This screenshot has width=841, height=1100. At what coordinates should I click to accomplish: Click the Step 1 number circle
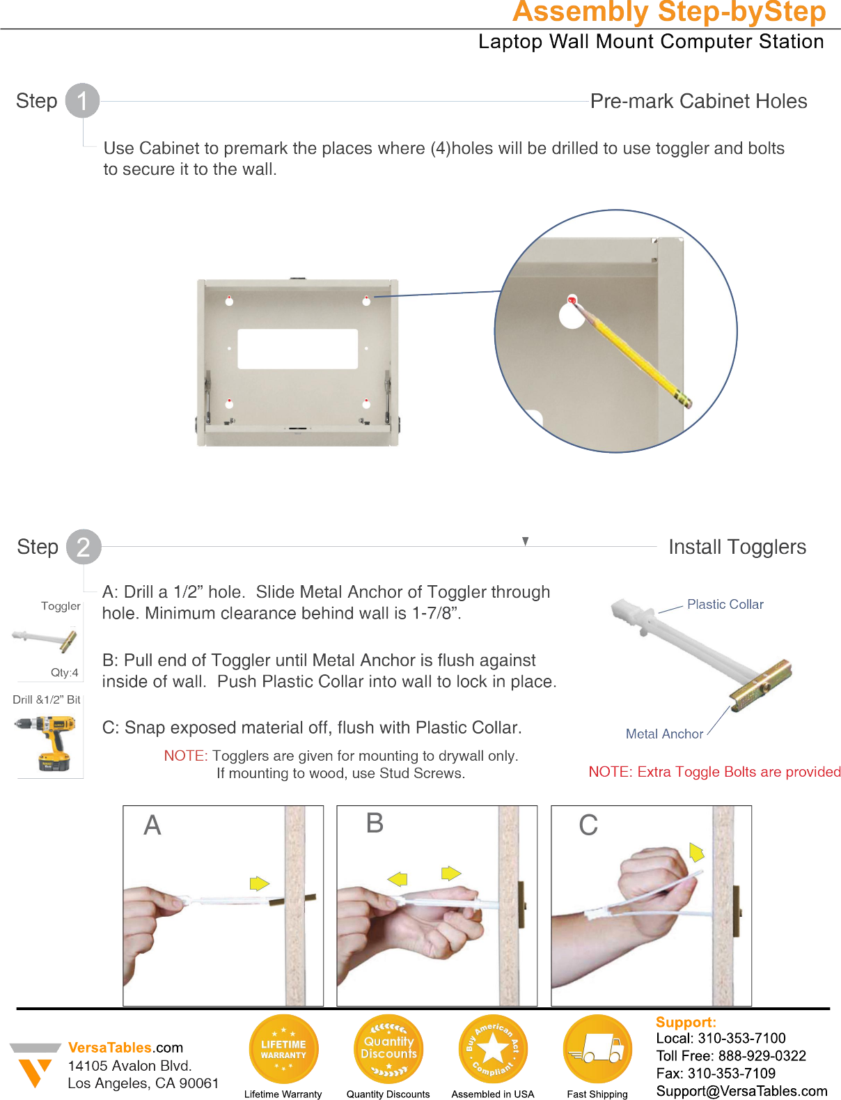pyautogui.click(x=82, y=101)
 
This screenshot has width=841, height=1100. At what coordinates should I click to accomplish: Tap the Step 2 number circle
pyautogui.click(x=84, y=547)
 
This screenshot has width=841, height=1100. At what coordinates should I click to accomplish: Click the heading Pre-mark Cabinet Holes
pyautogui.click(x=698, y=102)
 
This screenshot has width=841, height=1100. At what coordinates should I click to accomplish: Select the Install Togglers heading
pyautogui.click(x=737, y=548)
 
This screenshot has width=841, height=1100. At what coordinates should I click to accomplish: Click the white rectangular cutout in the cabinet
pyautogui.click(x=297, y=349)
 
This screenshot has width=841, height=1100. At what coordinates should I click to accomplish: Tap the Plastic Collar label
pyautogui.click(x=725, y=605)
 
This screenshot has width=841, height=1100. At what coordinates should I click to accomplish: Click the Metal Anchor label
pyautogui.click(x=664, y=734)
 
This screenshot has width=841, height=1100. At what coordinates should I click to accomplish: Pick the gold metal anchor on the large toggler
pyautogui.click(x=762, y=685)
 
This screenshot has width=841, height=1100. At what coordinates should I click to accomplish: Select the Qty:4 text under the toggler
pyautogui.click(x=64, y=672)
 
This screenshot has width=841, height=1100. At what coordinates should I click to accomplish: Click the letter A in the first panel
pyautogui.click(x=152, y=826)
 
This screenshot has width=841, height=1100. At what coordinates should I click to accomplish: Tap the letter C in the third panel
pyautogui.click(x=588, y=826)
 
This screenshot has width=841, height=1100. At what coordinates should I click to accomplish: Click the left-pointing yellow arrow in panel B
pyautogui.click(x=398, y=879)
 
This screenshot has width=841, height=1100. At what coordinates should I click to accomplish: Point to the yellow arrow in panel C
pyautogui.click(x=696, y=852)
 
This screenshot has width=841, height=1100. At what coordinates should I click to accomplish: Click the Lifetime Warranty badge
pyautogui.click(x=283, y=1049)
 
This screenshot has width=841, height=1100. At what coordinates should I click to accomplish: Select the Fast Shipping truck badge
pyautogui.click(x=597, y=1049)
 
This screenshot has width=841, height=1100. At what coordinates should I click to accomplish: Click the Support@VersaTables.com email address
pyautogui.click(x=741, y=1091)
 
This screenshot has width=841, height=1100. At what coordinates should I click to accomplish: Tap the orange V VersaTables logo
pyautogui.click(x=33, y=1069)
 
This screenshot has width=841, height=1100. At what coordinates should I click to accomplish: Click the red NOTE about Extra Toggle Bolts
pyautogui.click(x=714, y=772)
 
